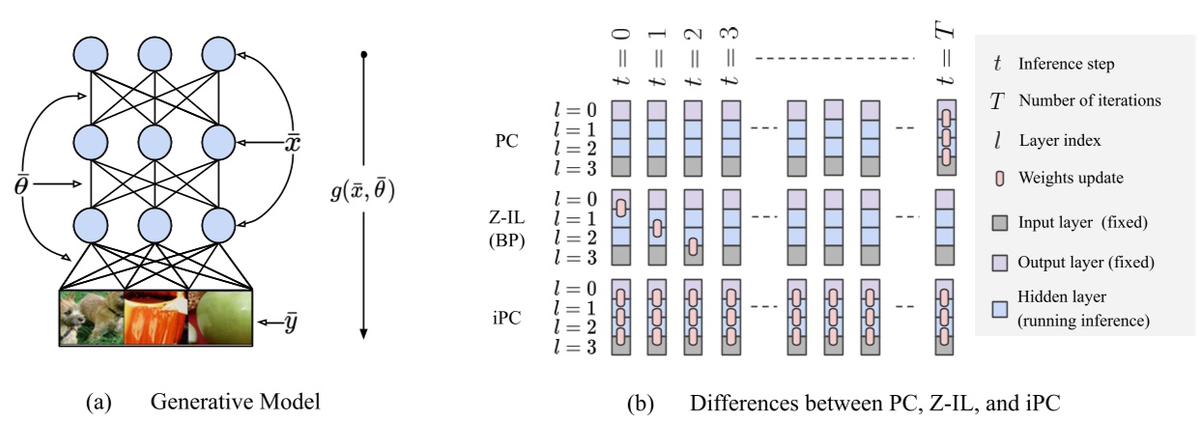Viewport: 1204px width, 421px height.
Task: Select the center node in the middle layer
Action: pyautogui.click(x=156, y=142)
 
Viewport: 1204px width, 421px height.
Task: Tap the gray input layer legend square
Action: pyautogui.click(x=998, y=223)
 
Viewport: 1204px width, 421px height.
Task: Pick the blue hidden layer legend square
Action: pyautogui.click(x=998, y=308)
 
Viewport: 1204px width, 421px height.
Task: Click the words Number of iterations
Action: pyautogui.click(x=1089, y=99)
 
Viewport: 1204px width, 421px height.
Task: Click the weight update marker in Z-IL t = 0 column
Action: pyautogui.click(x=621, y=208)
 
